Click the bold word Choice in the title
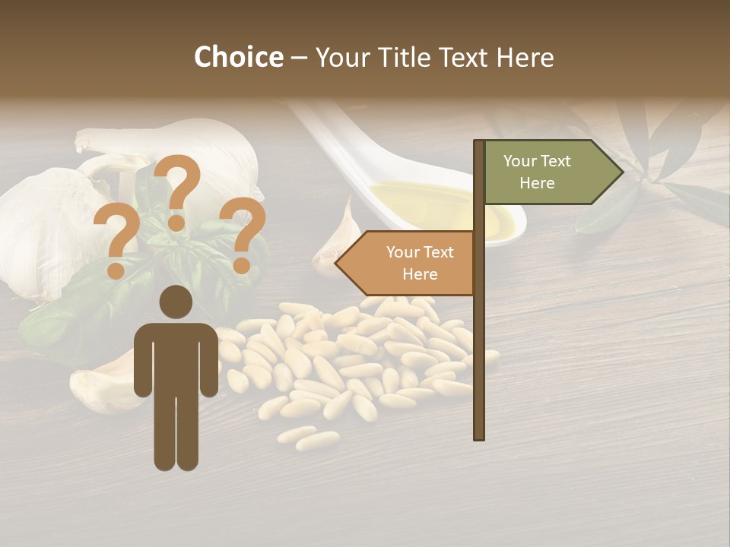(238, 58)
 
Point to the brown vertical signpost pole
(478, 342)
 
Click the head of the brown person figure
(176, 302)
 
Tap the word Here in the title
(525, 58)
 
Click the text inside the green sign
(537, 172)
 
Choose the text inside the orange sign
(420, 263)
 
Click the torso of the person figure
(176, 357)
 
